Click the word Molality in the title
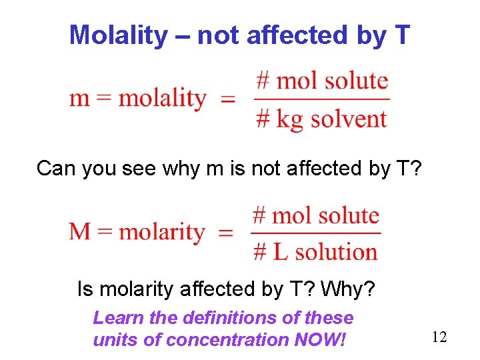click(118, 35)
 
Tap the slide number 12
click(439, 337)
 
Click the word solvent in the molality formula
click(349, 119)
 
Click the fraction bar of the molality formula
click(322, 100)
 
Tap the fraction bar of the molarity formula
click(316, 233)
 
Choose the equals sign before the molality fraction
click(228, 100)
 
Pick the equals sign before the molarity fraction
click(226, 233)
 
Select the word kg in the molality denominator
click(289, 120)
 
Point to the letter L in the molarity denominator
click(280, 251)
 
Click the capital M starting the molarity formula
click(80, 232)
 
